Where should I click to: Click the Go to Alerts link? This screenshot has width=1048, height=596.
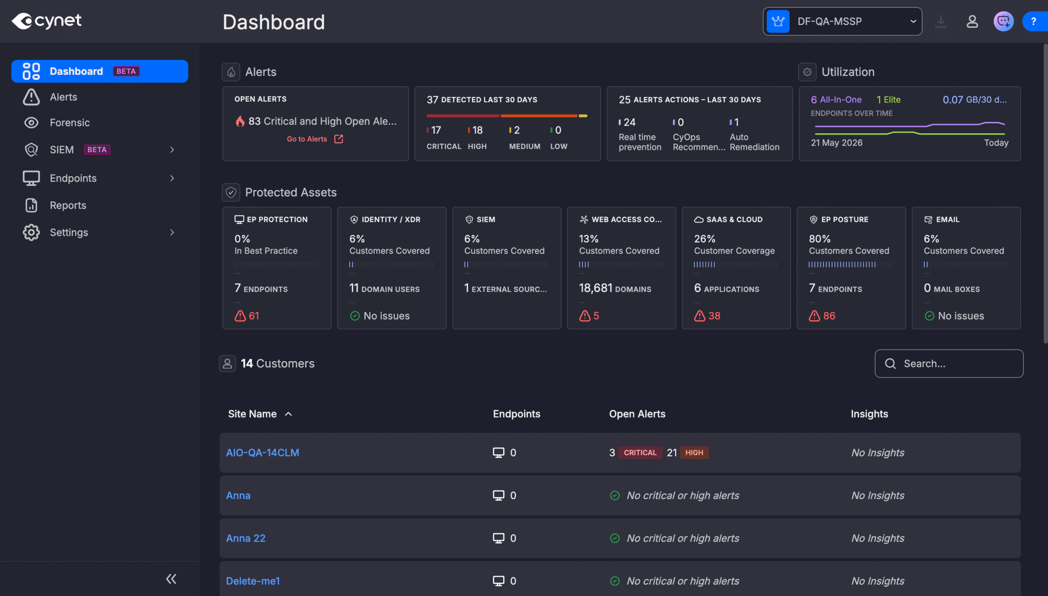coord(315,139)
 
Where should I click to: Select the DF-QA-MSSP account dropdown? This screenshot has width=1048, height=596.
coord(842,21)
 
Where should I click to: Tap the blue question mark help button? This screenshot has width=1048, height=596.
coord(1034,21)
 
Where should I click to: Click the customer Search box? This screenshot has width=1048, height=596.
coord(949,363)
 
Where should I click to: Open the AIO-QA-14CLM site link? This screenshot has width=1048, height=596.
coord(263,453)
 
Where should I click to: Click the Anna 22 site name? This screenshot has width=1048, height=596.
coord(246,538)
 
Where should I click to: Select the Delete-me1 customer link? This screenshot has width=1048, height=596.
coord(253,581)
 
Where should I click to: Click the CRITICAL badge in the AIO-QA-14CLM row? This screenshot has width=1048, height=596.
coord(640,453)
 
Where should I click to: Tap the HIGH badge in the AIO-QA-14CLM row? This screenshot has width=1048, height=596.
coord(694,453)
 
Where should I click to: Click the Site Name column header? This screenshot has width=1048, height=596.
coord(252,414)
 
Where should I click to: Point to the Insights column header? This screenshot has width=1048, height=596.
coord(870,414)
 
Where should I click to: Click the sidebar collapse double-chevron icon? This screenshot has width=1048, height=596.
coord(171,579)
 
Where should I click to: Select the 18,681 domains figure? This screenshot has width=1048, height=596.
coord(615,288)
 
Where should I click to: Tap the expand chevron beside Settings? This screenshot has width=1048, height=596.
coord(172,233)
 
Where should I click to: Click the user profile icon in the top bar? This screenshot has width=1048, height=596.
coord(972,21)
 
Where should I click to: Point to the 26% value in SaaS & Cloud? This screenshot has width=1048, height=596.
coord(705,239)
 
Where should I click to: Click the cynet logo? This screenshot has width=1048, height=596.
coord(47,21)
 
